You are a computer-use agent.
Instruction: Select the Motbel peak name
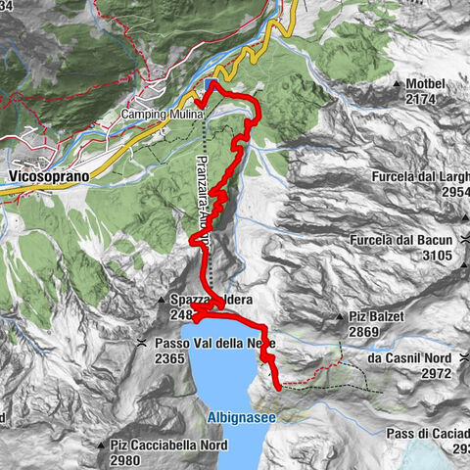(x=433, y=84)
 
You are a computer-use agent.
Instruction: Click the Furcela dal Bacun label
(x=419, y=240)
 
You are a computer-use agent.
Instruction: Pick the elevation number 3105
(x=438, y=256)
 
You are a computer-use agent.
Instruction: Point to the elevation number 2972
(x=432, y=373)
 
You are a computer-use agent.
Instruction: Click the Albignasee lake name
(x=241, y=418)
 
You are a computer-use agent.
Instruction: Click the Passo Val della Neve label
(x=214, y=343)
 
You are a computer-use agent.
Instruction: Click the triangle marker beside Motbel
(x=398, y=84)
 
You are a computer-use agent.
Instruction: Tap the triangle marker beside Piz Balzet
(x=340, y=317)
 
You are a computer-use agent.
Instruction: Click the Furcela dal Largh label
(x=421, y=177)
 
